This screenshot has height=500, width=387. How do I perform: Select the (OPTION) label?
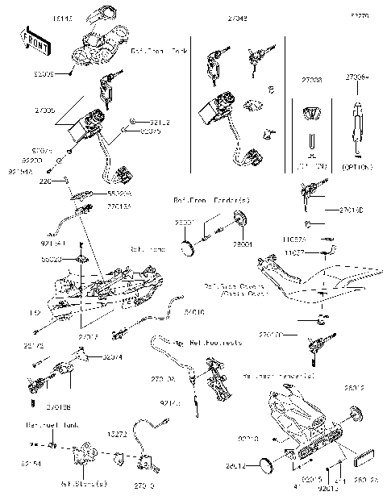click(357, 167)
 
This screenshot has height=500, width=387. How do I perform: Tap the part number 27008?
click(311, 81)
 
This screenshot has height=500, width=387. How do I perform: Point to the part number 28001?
click(243, 243)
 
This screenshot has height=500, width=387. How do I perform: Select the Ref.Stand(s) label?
click(89, 485)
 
